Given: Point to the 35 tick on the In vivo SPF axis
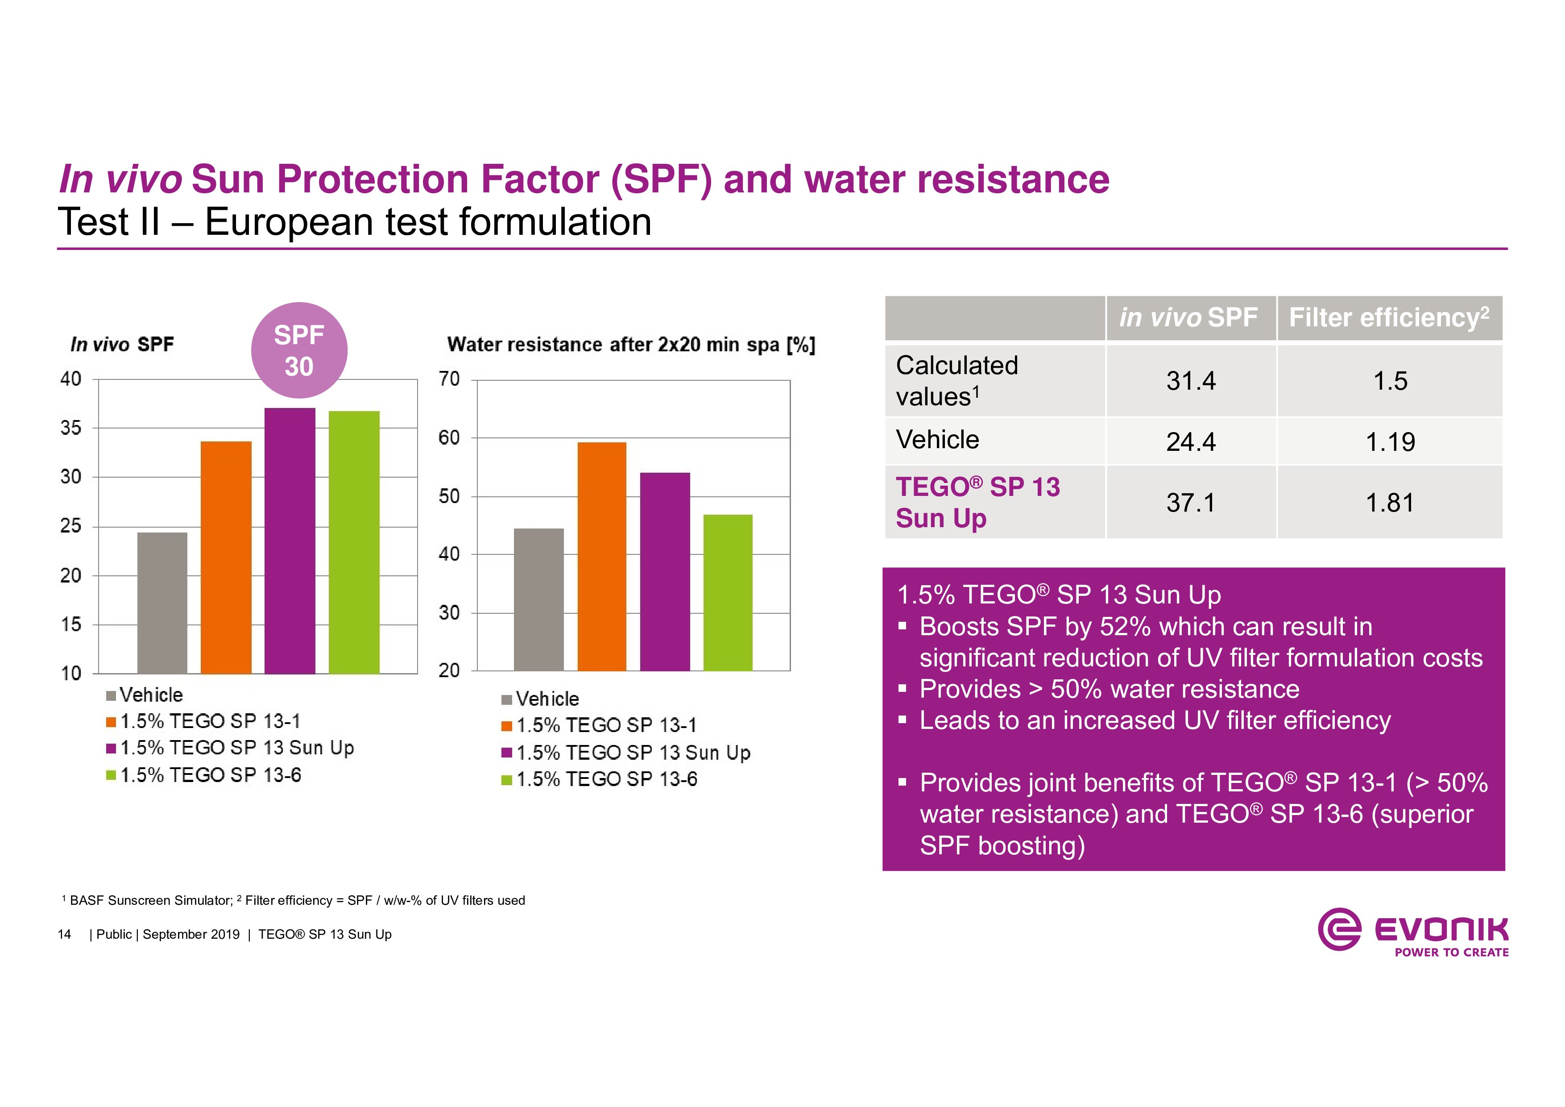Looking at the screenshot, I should pos(71,428).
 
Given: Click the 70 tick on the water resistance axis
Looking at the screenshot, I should pos(449,379).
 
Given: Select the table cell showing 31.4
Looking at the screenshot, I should pos(1190,381).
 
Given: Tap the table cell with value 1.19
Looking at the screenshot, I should pos(1390,442).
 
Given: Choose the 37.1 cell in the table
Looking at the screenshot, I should pos(1190,503).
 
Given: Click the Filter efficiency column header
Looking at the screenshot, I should pos(1388,318).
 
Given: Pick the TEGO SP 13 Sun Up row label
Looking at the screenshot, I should pos(977,503).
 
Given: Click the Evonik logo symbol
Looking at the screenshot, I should pos(1339,928).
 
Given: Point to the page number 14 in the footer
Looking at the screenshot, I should pos(64,934).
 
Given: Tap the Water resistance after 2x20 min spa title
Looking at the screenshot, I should pos(630,345).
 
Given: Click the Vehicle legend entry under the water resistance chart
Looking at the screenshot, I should pos(547,699).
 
